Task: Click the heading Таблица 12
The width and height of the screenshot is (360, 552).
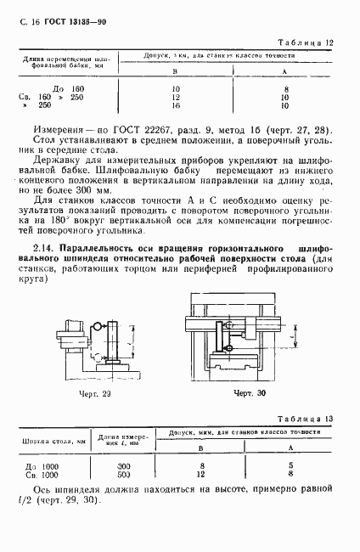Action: pos(312,42)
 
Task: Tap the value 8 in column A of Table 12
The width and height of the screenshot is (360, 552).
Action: pos(288,87)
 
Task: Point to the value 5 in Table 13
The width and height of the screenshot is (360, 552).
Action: pos(290,465)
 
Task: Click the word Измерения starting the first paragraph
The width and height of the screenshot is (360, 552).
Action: pos(55,129)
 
